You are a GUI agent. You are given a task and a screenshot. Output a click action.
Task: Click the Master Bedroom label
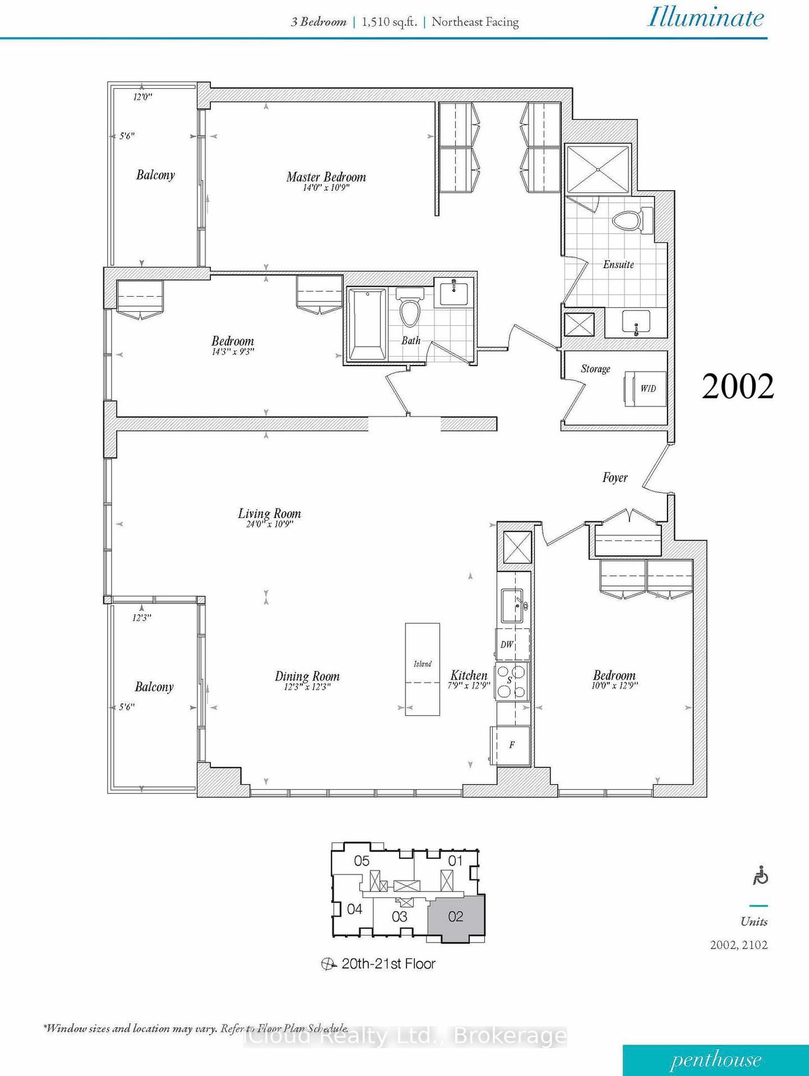tap(326, 177)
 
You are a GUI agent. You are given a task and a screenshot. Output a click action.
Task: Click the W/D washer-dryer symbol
tap(646, 389)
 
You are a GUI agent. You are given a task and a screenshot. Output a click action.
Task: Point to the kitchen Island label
tap(422, 664)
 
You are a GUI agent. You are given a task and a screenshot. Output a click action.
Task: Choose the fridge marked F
tap(510, 745)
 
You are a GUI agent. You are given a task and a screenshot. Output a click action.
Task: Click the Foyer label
tap(614, 478)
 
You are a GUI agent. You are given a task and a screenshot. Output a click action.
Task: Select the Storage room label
tap(596, 369)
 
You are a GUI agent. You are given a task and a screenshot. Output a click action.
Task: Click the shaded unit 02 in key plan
tap(456, 918)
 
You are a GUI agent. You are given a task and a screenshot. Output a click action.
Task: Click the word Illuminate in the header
tap(705, 18)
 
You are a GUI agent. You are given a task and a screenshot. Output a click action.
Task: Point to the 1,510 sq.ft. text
tap(389, 22)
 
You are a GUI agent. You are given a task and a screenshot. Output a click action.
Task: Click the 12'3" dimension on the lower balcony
tap(142, 618)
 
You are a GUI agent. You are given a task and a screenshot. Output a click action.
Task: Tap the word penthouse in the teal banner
tap(716, 1060)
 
